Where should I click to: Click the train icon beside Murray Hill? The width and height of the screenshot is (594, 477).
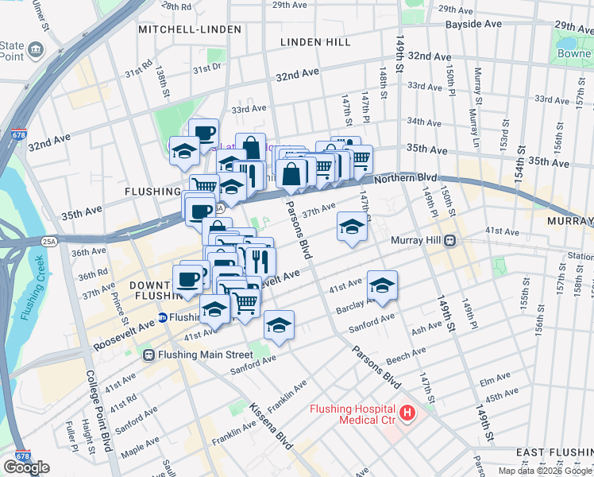pos(449,239)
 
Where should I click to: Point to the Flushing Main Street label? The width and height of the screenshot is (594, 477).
pos(205,355)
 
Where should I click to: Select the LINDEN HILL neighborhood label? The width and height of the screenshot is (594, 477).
pos(315,41)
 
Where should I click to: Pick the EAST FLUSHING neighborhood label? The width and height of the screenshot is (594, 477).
pos(553,452)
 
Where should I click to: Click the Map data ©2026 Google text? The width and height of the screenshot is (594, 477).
pos(546,471)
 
